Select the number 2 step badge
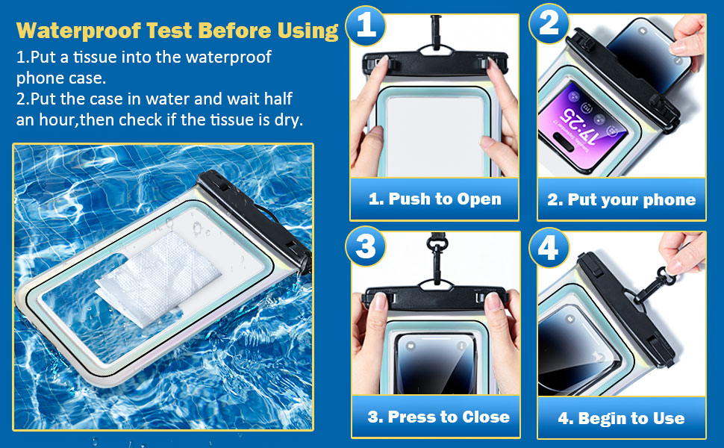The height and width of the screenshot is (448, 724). [549, 24]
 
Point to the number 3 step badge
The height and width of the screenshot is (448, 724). [366, 246]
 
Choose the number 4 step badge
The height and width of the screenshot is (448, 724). [549, 247]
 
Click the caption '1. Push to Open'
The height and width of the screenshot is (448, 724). [434, 199]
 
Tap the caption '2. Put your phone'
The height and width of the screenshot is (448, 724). [621, 199]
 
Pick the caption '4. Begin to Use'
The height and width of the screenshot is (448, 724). [621, 418]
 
